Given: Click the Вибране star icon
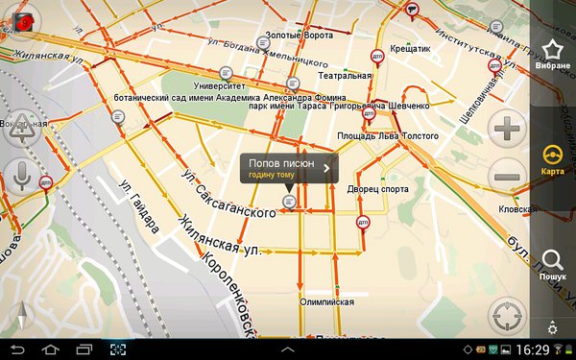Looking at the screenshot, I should click(x=552, y=52).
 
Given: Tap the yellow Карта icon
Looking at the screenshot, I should click(x=552, y=156).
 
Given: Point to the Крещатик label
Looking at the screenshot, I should click(x=410, y=46).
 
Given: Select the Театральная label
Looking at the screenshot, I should click(x=345, y=75).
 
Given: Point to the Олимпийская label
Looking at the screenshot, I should click(x=326, y=301).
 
